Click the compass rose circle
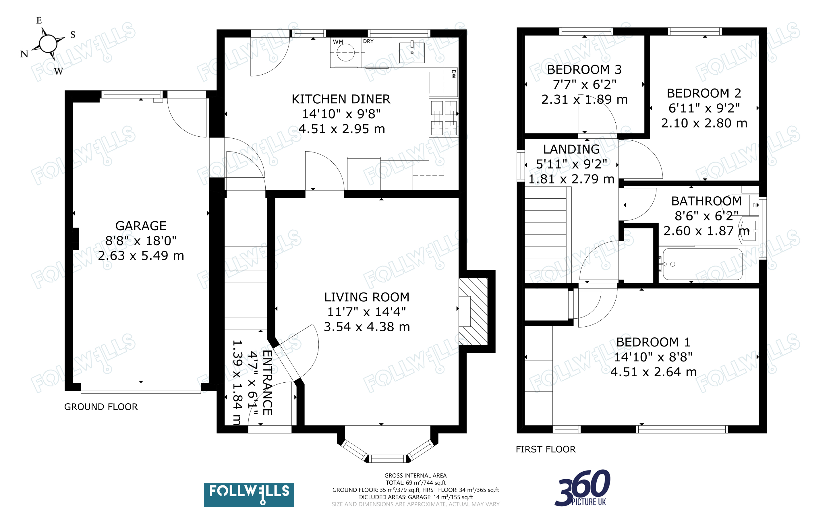click(x=48, y=43)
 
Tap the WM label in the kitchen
click(x=338, y=42)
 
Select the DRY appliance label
click(x=368, y=41)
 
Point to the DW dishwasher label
click(x=453, y=74)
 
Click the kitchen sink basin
click(x=412, y=53)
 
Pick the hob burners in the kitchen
click(x=444, y=118)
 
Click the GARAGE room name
click(x=141, y=226)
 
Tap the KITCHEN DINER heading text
click(x=341, y=99)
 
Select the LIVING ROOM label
click(x=367, y=297)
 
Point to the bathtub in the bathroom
click(x=702, y=264)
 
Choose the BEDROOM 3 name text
click(x=584, y=70)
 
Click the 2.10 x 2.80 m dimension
click(x=704, y=123)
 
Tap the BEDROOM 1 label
click(x=653, y=342)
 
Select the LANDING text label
click(x=571, y=149)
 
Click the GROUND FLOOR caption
click(x=101, y=407)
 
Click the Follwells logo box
click(x=249, y=495)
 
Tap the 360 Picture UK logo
click(x=583, y=488)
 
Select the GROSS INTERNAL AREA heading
click(x=415, y=475)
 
